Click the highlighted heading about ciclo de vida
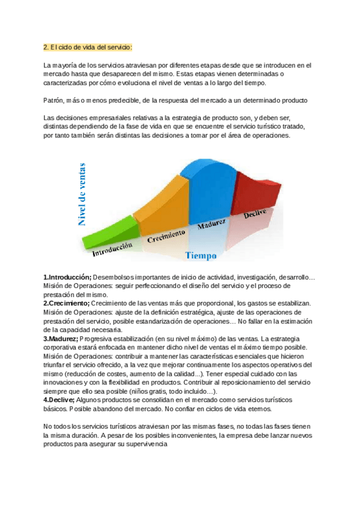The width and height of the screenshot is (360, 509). point(88,47)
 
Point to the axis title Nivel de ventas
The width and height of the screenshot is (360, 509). point(82,193)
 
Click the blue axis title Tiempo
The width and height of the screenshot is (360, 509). point(201,256)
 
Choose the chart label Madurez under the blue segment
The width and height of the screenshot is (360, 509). point(212,224)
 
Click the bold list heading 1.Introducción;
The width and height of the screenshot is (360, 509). point(67,277)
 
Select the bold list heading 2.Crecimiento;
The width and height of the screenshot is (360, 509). point(66,304)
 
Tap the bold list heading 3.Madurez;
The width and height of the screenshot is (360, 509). point(61,339)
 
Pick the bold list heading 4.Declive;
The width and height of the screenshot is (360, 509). point(59,400)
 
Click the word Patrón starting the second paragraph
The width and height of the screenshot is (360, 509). point(55,100)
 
